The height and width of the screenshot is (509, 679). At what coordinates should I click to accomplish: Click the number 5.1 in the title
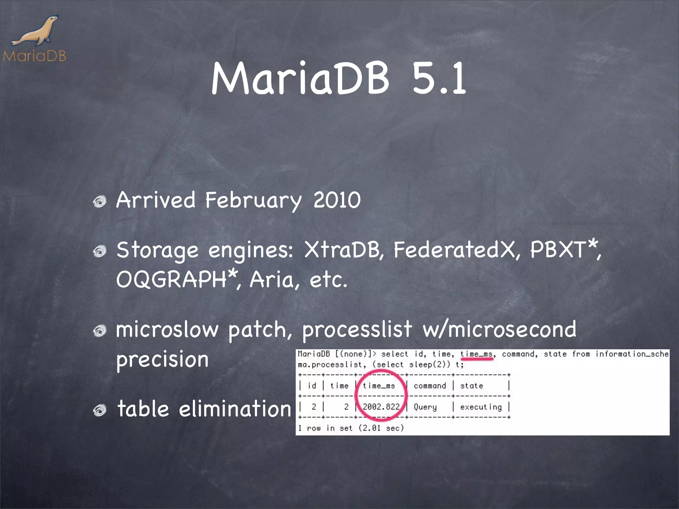click(x=439, y=79)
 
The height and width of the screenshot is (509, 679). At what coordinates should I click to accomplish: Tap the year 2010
click(x=337, y=200)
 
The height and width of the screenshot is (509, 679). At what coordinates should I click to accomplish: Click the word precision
click(x=162, y=360)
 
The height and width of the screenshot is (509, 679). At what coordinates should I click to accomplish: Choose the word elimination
click(x=235, y=409)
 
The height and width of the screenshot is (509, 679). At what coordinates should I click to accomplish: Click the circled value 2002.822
click(x=381, y=407)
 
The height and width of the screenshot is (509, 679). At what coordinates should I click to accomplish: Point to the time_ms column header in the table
click(x=379, y=386)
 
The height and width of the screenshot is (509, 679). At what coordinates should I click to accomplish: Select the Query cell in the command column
click(x=425, y=407)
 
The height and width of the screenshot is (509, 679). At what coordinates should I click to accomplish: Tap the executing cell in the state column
click(x=481, y=407)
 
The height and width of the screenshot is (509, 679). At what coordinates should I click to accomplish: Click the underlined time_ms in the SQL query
click(x=476, y=354)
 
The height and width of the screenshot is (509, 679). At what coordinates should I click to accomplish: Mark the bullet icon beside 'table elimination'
click(x=99, y=411)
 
